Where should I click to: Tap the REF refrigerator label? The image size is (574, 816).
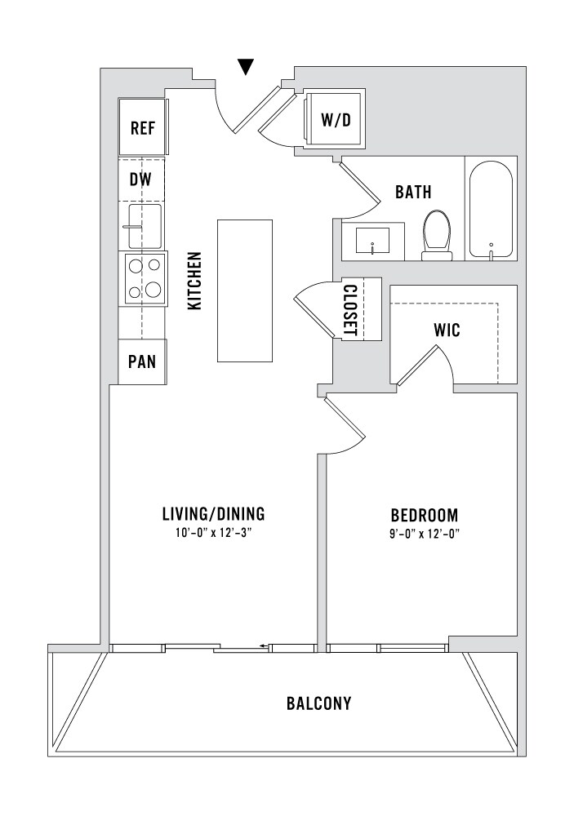click(143, 127)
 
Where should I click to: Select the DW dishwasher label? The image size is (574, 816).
click(140, 180)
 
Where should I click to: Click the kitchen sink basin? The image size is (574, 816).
click(145, 226)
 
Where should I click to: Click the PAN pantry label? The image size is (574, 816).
click(142, 361)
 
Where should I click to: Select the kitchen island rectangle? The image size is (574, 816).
click(245, 290)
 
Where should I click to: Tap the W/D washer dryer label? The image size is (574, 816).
click(336, 120)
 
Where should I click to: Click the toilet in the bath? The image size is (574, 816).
click(438, 235)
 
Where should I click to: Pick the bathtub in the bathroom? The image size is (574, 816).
click(491, 209)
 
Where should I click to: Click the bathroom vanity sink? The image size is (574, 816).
click(373, 242)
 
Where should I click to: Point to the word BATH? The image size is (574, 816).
click(413, 192)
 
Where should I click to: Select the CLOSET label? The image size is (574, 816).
click(350, 309)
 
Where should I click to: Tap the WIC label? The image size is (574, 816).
click(447, 330)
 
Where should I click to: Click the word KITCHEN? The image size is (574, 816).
click(194, 281)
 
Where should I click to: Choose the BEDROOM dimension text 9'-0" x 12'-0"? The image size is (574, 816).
click(425, 534)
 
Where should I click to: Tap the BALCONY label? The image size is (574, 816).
click(318, 703)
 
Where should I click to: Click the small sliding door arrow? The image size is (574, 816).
click(264, 647)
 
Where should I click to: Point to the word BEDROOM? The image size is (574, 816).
click(425, 515)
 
